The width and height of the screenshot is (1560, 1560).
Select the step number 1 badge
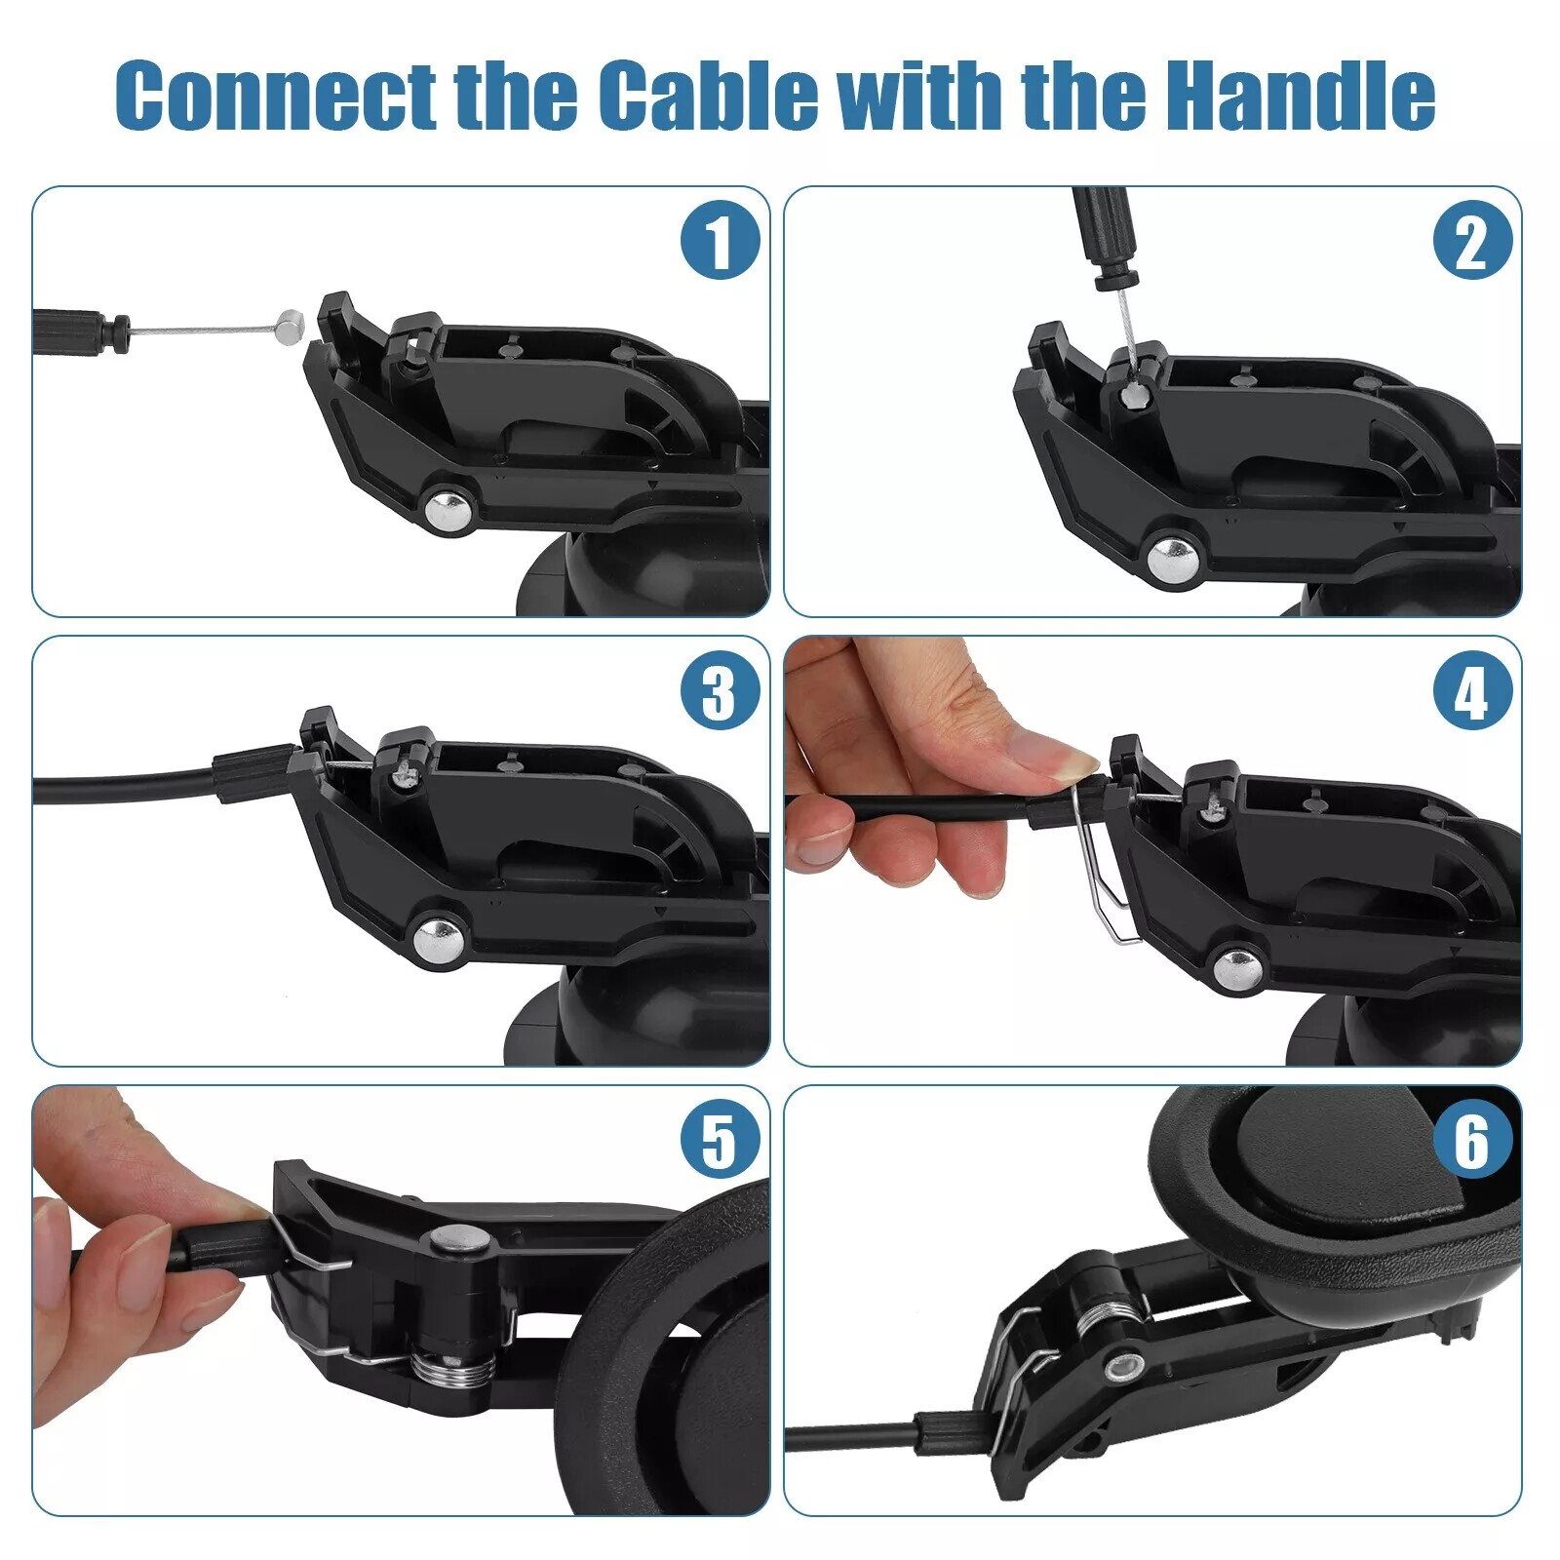pyautogui.click(x=720, y=241)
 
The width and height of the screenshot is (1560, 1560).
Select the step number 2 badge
pyautogui.click(x=1472, y=241)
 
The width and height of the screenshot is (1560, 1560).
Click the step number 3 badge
pyautogui.click(x=720, y=691)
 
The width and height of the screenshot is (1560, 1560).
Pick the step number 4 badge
pyautogui.click(x=1472, y=691)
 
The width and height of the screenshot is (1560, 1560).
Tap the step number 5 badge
pyautogui.click(x=720, y=1140)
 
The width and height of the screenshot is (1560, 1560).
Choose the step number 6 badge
pyautogui.click(x=1472, y=1140)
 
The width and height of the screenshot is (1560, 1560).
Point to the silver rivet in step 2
pyautogui.click(x=1170, y=558)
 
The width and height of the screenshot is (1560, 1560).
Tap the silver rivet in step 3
pyautogui.click(x=437, y=938)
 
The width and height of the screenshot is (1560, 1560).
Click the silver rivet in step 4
pyautogui.click(x=1236, y=968)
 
